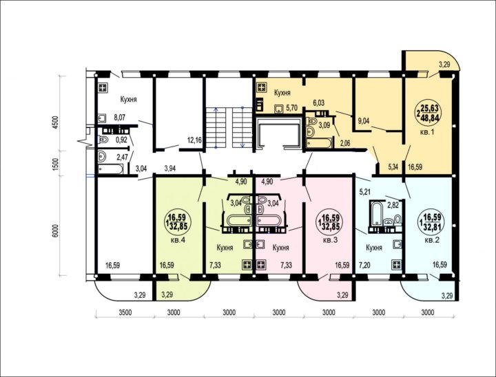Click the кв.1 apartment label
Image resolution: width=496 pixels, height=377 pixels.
pyautogui.click(x=426, y=132)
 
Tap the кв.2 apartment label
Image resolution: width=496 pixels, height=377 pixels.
pyautogui.click(x=432, y=240)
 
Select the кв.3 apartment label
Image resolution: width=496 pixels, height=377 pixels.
pyautogui.click(x=331, y=240)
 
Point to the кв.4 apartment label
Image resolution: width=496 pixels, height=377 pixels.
pyautogui.click(x=178, y=240)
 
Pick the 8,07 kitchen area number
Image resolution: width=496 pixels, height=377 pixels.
pyautogui.click(x=120, y=118)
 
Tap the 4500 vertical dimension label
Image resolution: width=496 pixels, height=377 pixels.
pyautogui.click(x=56, y=122)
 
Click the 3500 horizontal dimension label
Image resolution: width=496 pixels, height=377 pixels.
pyautogui.click(x=125, y=313)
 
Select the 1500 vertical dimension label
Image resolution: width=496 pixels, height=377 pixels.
pyautogui.click(x=56, y=164)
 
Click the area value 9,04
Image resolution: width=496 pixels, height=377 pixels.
pyautogui.click(x=364, y=120)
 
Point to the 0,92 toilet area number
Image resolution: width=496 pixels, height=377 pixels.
pyautogui.click(x=121, y=140)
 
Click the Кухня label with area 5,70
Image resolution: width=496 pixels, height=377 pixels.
pyautogui.click(x=282, y=93)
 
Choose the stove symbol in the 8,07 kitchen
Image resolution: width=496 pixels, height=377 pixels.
pyautogui.click(x=103, y=87)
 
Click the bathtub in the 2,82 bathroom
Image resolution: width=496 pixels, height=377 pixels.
pyautogui.click(x=377, y=214)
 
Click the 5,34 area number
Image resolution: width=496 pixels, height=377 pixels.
pyautogui.click(x=393, y=167)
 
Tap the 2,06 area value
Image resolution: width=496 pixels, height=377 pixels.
pyautogui.click(x=344, y=144)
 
